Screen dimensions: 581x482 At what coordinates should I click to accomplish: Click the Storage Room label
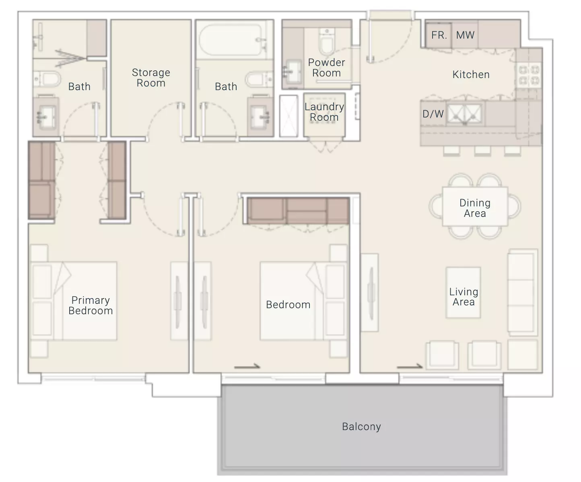[x=151, y=78]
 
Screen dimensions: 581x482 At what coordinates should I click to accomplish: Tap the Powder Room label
[x=326, y=68]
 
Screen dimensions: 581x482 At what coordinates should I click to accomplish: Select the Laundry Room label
[x=324, y=112]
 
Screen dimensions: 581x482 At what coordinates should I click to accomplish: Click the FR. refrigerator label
[x=439, y=35]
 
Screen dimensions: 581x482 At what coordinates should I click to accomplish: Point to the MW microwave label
[x=465, y=35]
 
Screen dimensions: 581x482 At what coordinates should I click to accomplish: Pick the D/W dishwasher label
[x=433, y=114]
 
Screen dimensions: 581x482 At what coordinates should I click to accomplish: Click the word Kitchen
[x=471, y=74]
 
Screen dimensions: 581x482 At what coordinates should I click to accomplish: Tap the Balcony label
[x=361, y=426]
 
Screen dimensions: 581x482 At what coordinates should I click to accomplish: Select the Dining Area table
[x=475, y=206]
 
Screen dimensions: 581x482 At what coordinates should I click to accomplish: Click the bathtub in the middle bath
[x=231, y=40]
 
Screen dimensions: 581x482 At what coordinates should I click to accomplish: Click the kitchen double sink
[x=465, y=114]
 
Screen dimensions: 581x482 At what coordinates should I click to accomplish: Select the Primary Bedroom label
[x=91, y=305]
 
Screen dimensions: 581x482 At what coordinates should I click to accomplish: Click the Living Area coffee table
[x=463, y=292]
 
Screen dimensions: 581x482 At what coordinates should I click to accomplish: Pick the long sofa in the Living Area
[x=523, y=292]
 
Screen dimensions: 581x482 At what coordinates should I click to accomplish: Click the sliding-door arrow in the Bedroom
[x=247, y=367]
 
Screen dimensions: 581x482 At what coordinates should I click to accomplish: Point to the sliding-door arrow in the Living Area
[x=410, y=367]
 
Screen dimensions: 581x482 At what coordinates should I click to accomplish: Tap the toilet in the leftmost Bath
[x=47, y=79]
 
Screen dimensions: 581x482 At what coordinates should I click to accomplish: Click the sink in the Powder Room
[x=292, y=72]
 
